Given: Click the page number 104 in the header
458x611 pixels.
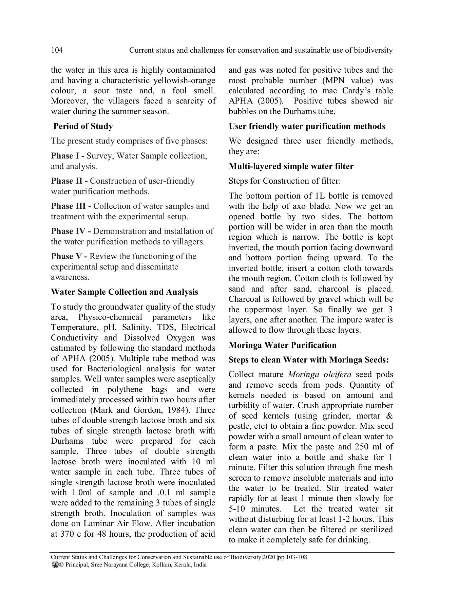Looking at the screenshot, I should click(x=57, y=50).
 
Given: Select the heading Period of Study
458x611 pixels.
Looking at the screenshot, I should click(x=83, y=126).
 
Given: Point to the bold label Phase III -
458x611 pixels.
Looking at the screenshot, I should click(x=71, y=206).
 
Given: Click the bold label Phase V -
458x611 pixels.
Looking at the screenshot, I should click(x=69, y=256).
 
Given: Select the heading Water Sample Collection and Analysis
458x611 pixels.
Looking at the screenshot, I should click(x=125, y=292).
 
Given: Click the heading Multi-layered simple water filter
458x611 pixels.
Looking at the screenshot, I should click(x=291, y=166).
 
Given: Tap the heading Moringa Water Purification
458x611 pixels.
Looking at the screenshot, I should click(x=283, y=345).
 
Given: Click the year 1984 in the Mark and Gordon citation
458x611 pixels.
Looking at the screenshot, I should click(x=178, y=410).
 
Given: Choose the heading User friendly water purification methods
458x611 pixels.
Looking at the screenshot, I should click(x=307, y=126).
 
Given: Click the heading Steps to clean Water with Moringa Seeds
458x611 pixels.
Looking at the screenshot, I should click(x=309, y=360).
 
